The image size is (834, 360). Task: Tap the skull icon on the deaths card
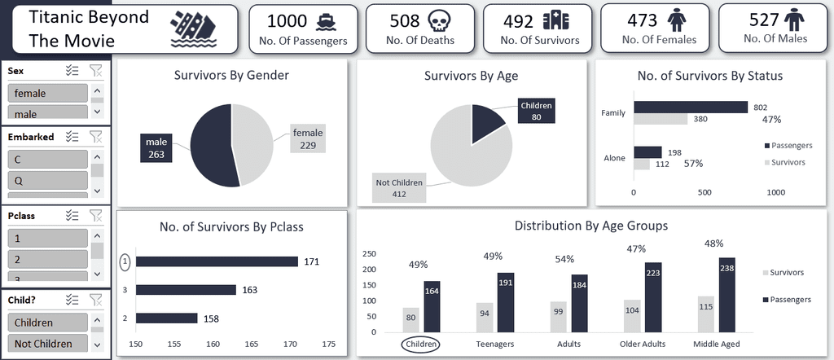coord(438,20)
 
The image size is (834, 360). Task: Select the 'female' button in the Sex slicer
coord(47,93)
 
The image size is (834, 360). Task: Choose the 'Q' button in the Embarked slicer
coord(47,179)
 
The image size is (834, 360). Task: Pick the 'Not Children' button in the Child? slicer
coord(47,344)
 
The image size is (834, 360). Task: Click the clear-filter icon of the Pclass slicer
coord(96,215)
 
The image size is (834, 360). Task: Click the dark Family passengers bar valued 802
coord(691,107)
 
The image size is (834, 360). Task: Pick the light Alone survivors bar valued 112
coord(642,164)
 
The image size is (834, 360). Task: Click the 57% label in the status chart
coord(693,163)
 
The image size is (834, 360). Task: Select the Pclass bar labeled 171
coord(217,261)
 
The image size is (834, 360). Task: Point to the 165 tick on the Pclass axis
coord(252,345)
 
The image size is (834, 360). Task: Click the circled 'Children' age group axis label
coord(421,344)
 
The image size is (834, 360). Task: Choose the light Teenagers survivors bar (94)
coord(485,317)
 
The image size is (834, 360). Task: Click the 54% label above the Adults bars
coord(564,258)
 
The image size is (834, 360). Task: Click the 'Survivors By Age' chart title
coord(471,77)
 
